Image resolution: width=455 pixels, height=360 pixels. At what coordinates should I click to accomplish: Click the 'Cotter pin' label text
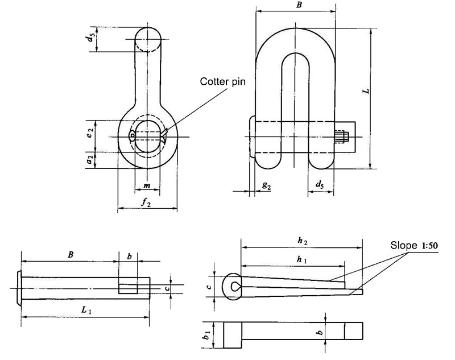pyautogui.click(x=222, y=81)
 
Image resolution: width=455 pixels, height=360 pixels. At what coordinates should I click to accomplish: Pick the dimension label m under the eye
pyautogui.click(x=146, y=186)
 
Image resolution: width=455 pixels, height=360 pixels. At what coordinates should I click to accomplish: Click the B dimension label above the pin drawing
pyautogui.click(x=70, y=255)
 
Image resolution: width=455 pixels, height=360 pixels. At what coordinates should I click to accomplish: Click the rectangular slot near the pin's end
pyautogui.click(x=128, y=285)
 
